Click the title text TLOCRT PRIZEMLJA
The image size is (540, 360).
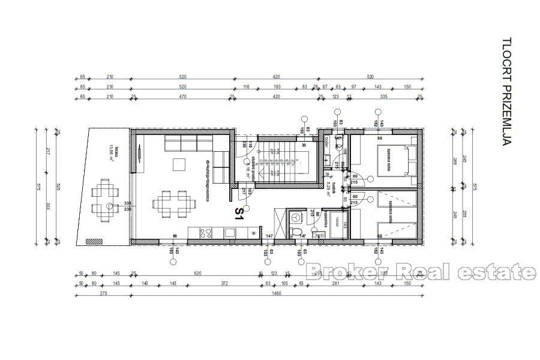[x=508, y=92]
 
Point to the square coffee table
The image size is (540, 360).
[x=178, y=163]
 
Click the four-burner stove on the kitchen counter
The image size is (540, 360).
[x=203, y=232]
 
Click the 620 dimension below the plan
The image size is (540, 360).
[x=197, y=273]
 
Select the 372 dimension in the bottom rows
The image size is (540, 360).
[x=225, y=284]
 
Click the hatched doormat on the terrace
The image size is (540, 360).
[x=95, y=241]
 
